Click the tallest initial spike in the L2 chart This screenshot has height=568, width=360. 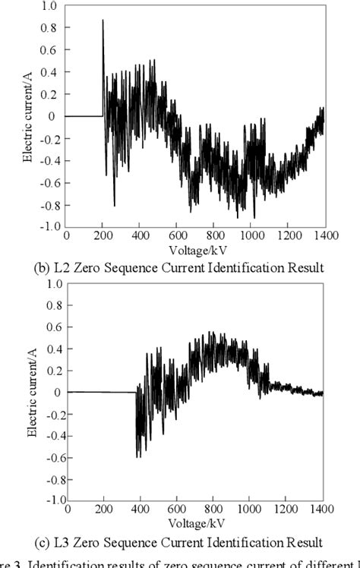pos(103,21)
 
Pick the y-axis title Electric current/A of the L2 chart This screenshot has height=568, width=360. pos(28,116)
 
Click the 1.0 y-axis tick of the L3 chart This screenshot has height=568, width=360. pos(52,284)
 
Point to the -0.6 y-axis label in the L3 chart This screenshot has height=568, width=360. pos(50,457)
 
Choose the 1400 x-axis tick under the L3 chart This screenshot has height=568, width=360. pos(322,510)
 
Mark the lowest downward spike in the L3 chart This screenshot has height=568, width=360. pos(137,457)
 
